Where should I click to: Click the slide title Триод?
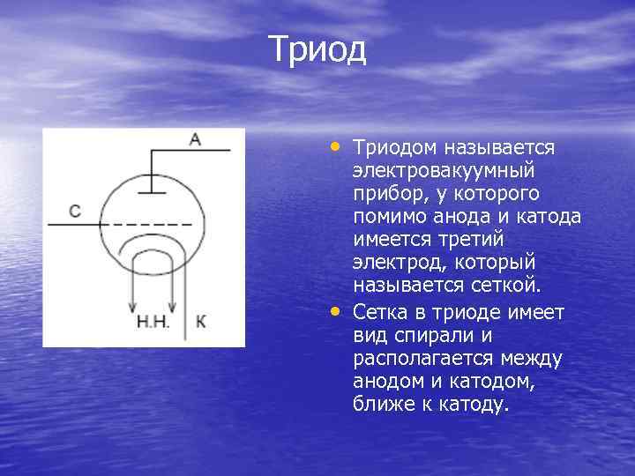tap(317, 49)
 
